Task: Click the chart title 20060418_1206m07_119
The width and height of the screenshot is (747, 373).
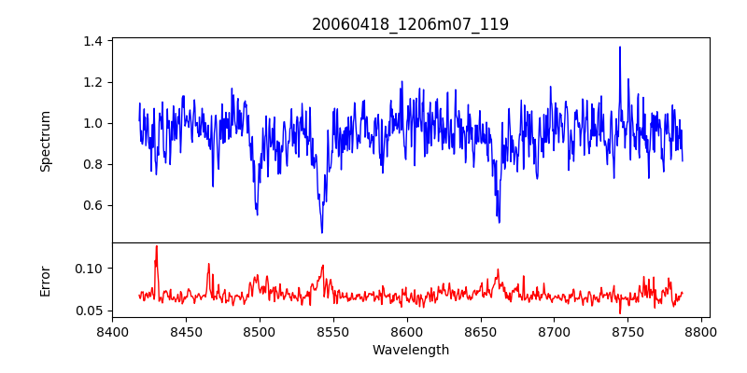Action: pos(410,24)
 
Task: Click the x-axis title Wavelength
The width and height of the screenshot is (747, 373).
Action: pos(410,350)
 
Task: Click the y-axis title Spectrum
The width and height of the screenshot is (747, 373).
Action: pos(45,140)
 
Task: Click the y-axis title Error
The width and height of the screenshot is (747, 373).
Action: pos(45,280)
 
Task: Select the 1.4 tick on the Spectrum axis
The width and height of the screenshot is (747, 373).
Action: pos(92,41)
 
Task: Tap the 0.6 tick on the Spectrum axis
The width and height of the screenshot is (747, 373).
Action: pos(92,205)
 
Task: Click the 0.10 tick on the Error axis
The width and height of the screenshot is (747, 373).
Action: pos(90,269)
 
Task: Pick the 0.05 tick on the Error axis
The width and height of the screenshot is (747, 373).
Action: pos(90,311)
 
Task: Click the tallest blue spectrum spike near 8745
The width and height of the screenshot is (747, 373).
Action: pos(620,47)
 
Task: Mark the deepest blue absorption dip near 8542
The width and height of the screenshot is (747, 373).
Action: pos(322,232)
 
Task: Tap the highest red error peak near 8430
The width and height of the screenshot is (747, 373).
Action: pos(157,246)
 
